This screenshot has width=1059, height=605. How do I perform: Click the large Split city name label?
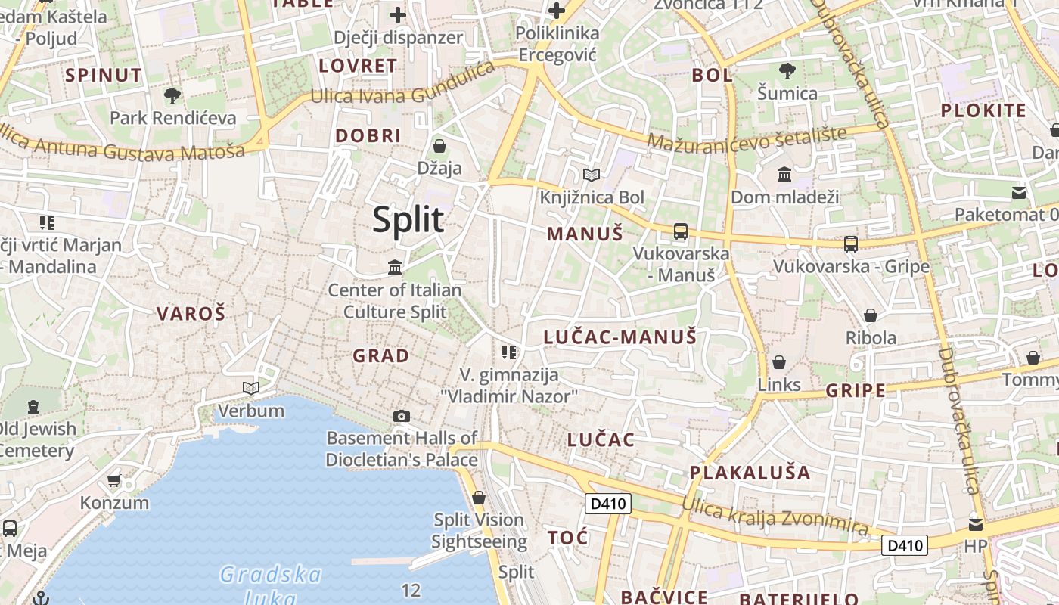coord(408,220)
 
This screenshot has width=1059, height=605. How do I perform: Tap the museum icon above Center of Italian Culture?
coord(395,267)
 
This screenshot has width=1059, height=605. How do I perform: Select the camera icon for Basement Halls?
coord(402,416)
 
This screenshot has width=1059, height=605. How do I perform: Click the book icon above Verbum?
coord(251,389)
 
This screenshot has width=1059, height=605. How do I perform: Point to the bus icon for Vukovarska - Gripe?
coord(851,244)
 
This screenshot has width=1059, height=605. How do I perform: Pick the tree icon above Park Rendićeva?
coord(172,95)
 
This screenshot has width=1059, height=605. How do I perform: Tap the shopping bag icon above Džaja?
coord(439,145)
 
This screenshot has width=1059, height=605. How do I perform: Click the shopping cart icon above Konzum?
coord(114,480)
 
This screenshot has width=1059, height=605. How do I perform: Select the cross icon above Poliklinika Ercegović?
coord(557,11)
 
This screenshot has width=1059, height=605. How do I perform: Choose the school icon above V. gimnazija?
coord(509,352)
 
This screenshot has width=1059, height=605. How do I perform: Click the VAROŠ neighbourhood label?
coord(191,313)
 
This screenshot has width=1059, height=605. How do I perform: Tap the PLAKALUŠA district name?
coord(750,473)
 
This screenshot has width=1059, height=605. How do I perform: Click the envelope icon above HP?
coord(976,523)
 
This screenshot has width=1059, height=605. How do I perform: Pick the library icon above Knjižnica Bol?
coord(592,175)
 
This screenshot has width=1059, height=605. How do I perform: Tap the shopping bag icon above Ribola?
coord(871,315)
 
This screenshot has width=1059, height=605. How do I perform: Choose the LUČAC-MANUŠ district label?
coord(620,337)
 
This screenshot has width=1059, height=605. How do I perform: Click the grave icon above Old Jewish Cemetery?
coord(33,407)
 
